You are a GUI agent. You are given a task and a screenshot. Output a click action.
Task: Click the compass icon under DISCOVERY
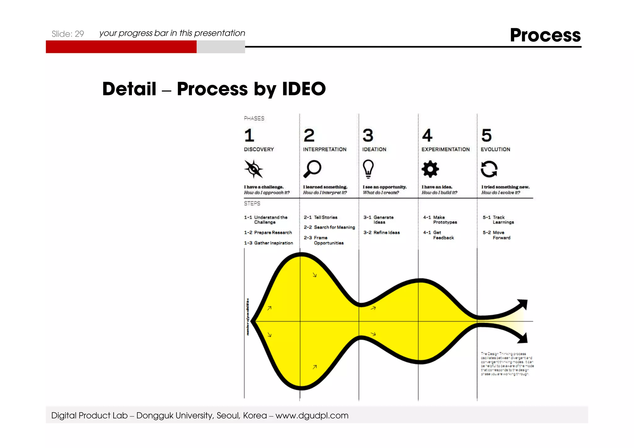[254, 169]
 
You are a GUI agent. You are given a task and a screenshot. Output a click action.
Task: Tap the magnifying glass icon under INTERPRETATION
[312, 169]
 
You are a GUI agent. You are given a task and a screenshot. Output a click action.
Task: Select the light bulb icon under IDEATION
[368, 169]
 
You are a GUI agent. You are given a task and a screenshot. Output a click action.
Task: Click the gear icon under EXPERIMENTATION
[430, 169]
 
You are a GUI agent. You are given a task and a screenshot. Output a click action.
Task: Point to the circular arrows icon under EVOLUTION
[489, 169]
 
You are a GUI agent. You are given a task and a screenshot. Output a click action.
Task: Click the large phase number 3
[368, 135]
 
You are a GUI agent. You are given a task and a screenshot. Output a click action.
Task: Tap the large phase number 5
[486, 135]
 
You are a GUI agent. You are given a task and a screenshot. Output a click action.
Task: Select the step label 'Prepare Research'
[273, 233]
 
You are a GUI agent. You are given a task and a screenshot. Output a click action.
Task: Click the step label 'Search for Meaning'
[334, 227]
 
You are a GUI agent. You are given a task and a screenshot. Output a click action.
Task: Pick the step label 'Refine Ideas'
[386, 233]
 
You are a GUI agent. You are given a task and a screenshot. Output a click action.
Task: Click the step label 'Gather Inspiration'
[273, 243]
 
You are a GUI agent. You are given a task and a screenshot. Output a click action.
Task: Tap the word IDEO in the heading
[304, 89]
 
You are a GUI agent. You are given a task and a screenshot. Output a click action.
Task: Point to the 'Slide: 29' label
[68, 34]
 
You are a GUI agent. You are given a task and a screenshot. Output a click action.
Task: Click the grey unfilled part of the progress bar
[221, 47]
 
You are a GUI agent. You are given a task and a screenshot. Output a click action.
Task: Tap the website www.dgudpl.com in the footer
[312, 415]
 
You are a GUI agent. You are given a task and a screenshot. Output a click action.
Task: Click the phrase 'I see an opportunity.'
[384, 187]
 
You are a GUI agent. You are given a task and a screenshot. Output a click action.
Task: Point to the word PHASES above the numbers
[254, 118]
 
